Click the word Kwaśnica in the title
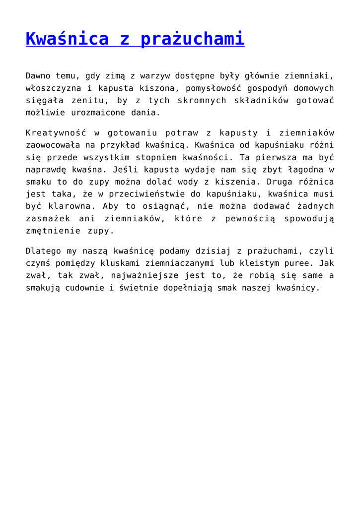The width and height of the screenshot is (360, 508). (67, 39)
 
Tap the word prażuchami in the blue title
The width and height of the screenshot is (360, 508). (193, 39)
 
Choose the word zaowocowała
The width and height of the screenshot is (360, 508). (55, 145)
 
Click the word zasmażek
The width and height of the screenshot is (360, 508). (47, 219)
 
